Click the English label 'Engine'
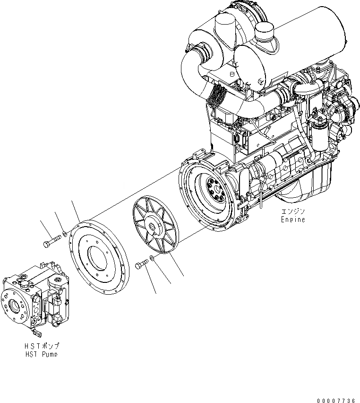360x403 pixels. (293, 219)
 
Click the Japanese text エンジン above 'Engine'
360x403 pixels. (293, 211)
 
